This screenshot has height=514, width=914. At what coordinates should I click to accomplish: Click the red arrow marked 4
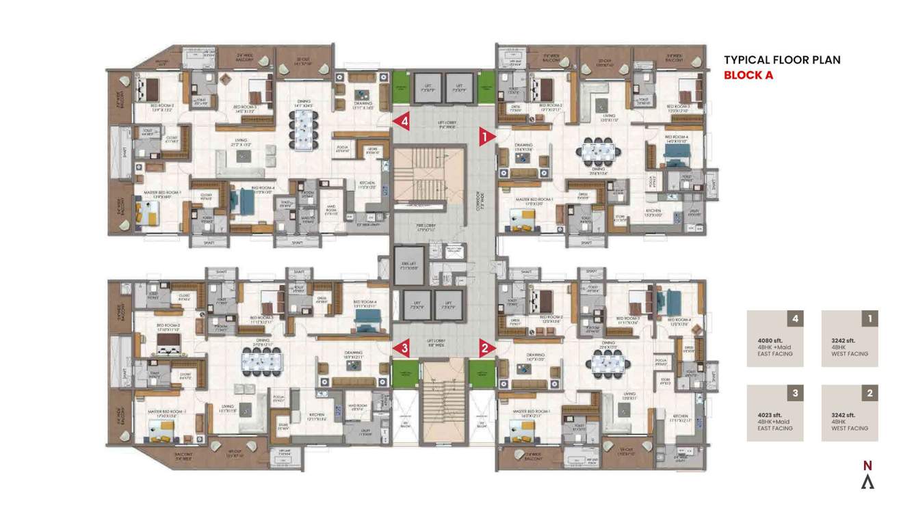[402, 121]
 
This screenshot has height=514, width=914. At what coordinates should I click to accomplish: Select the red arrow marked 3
[402, 348]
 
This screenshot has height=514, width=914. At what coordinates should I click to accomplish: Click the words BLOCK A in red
[748, 75]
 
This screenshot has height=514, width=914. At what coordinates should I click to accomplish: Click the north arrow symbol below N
[867, 482]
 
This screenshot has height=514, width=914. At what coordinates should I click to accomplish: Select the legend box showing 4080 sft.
[774, 339]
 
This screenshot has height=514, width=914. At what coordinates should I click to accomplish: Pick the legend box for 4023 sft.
[774, 413]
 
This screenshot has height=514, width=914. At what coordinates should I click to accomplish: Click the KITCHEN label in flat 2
[679, 416]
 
